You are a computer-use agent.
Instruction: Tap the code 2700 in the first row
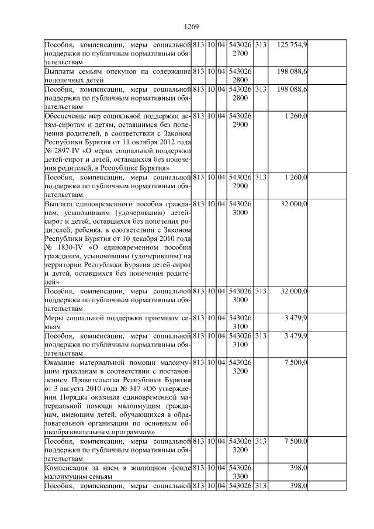[241, 53]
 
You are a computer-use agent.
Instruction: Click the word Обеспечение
[66, 116]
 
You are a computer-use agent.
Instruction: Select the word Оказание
[63, 362]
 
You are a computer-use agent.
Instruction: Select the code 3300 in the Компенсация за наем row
[241, 476]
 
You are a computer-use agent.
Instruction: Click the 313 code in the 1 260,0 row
[261, 177]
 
